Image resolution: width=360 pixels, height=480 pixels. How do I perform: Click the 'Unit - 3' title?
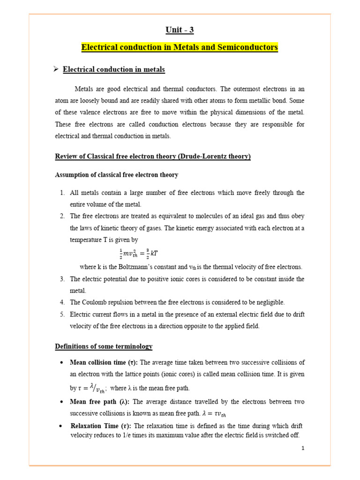tap(180, 30)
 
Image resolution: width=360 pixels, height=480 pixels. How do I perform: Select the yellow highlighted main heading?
tap(180, 47)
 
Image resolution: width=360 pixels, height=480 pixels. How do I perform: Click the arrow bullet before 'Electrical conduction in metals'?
tap(55, 69)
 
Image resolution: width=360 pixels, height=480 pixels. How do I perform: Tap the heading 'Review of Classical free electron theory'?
tap(153, 156)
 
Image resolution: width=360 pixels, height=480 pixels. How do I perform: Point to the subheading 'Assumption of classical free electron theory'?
tap(117, 175)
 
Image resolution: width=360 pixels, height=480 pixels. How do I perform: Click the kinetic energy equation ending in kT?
tap(141, 254)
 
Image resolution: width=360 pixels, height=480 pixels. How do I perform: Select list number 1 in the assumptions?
tap(62, 193)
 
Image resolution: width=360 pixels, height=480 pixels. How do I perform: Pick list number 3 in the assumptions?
tap(62, 279)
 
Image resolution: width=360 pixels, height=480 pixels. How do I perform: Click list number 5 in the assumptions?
tap(62, 314)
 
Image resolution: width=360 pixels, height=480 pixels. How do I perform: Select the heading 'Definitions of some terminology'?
tap(104, 346)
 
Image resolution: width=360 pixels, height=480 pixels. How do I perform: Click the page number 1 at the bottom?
tap(303, 449)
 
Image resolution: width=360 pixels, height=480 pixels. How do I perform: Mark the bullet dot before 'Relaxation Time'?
tap(62, 426)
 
